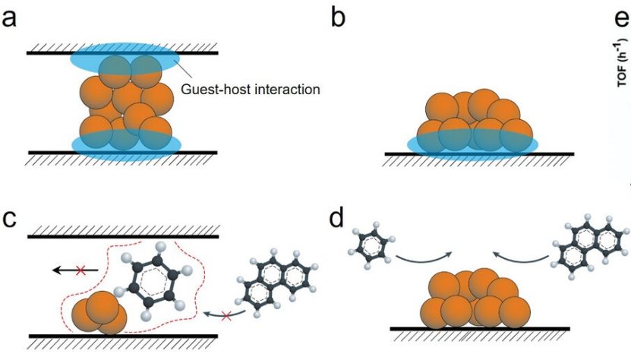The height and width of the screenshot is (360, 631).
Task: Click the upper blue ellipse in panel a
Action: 124,55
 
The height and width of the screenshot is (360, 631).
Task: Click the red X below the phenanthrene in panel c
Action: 226,314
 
